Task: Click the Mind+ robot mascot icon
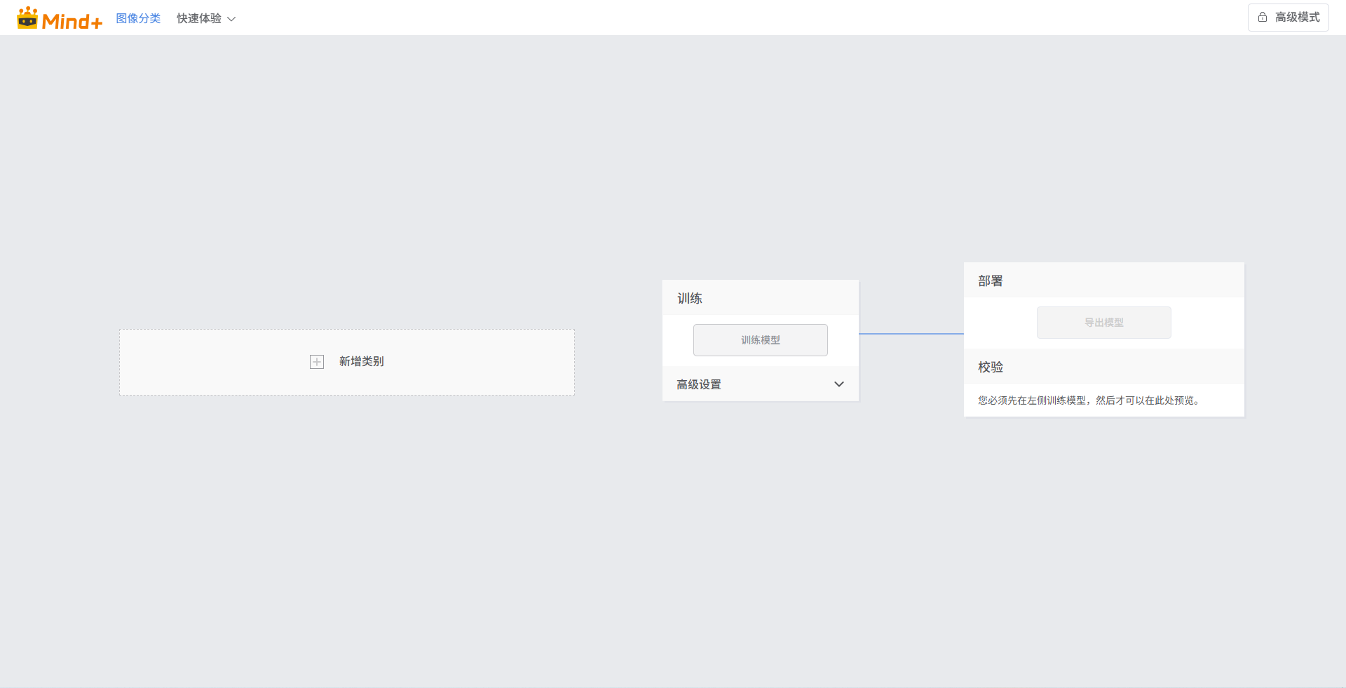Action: [x=27, y=18]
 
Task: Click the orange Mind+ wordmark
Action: [x=72, y=22]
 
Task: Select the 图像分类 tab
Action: [x=138, y=18]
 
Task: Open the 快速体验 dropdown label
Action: [x=198, y=18]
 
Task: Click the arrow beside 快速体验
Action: [x=231, y=19]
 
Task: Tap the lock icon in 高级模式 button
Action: [x=1263, y=18]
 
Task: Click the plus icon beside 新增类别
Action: [x=317, y=362]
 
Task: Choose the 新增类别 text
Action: [x=362, y=362]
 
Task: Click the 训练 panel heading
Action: [x=690, y=298]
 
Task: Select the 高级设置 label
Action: [x=699, y=384]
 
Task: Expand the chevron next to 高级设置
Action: [x=839, y=384]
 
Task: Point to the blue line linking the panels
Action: [x=911, y=334]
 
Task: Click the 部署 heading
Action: [x=991, y=281]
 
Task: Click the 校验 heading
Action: [x=991, y=367]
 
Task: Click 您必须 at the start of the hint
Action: [x=993, y=400]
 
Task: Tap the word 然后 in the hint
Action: [x=1106, y=400]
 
